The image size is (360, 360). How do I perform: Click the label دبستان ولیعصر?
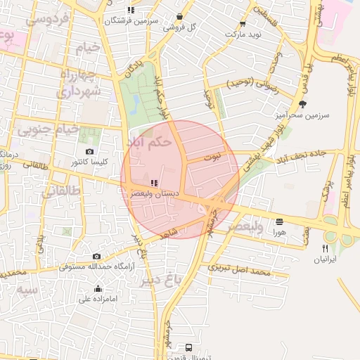click(x=155, y=193)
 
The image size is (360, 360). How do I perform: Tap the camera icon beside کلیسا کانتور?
click(x=89, y=152)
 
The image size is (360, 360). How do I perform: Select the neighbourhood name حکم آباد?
click(x=149, y=141)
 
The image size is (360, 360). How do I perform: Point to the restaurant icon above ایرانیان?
click(x=325, y=248)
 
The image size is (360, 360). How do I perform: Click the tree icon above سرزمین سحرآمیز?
click(x=302, y=103)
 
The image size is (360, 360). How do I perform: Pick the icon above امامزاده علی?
click(x=97, y=289)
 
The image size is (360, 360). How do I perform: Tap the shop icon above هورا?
click(x=280, y=221)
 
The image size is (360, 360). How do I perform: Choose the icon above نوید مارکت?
click(x=243, y=23)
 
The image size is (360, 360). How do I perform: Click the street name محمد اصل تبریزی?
click(x=239, y=271)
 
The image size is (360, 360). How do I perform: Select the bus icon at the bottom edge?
click(x=189, y=348)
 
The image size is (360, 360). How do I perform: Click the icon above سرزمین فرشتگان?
click(x=131, y=10)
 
